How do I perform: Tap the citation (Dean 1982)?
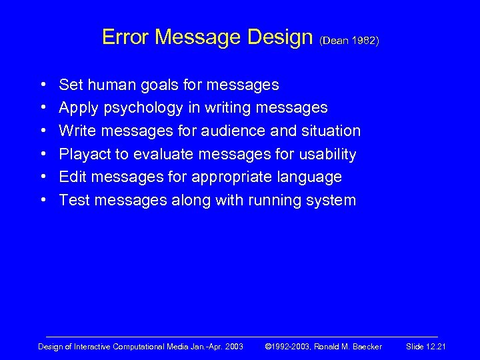pyautogui.click(x=350, y=41)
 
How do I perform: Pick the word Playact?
pyautogui.click(x=85, y=155)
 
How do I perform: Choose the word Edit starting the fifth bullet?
pyautogui.click(x=72, y=177)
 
